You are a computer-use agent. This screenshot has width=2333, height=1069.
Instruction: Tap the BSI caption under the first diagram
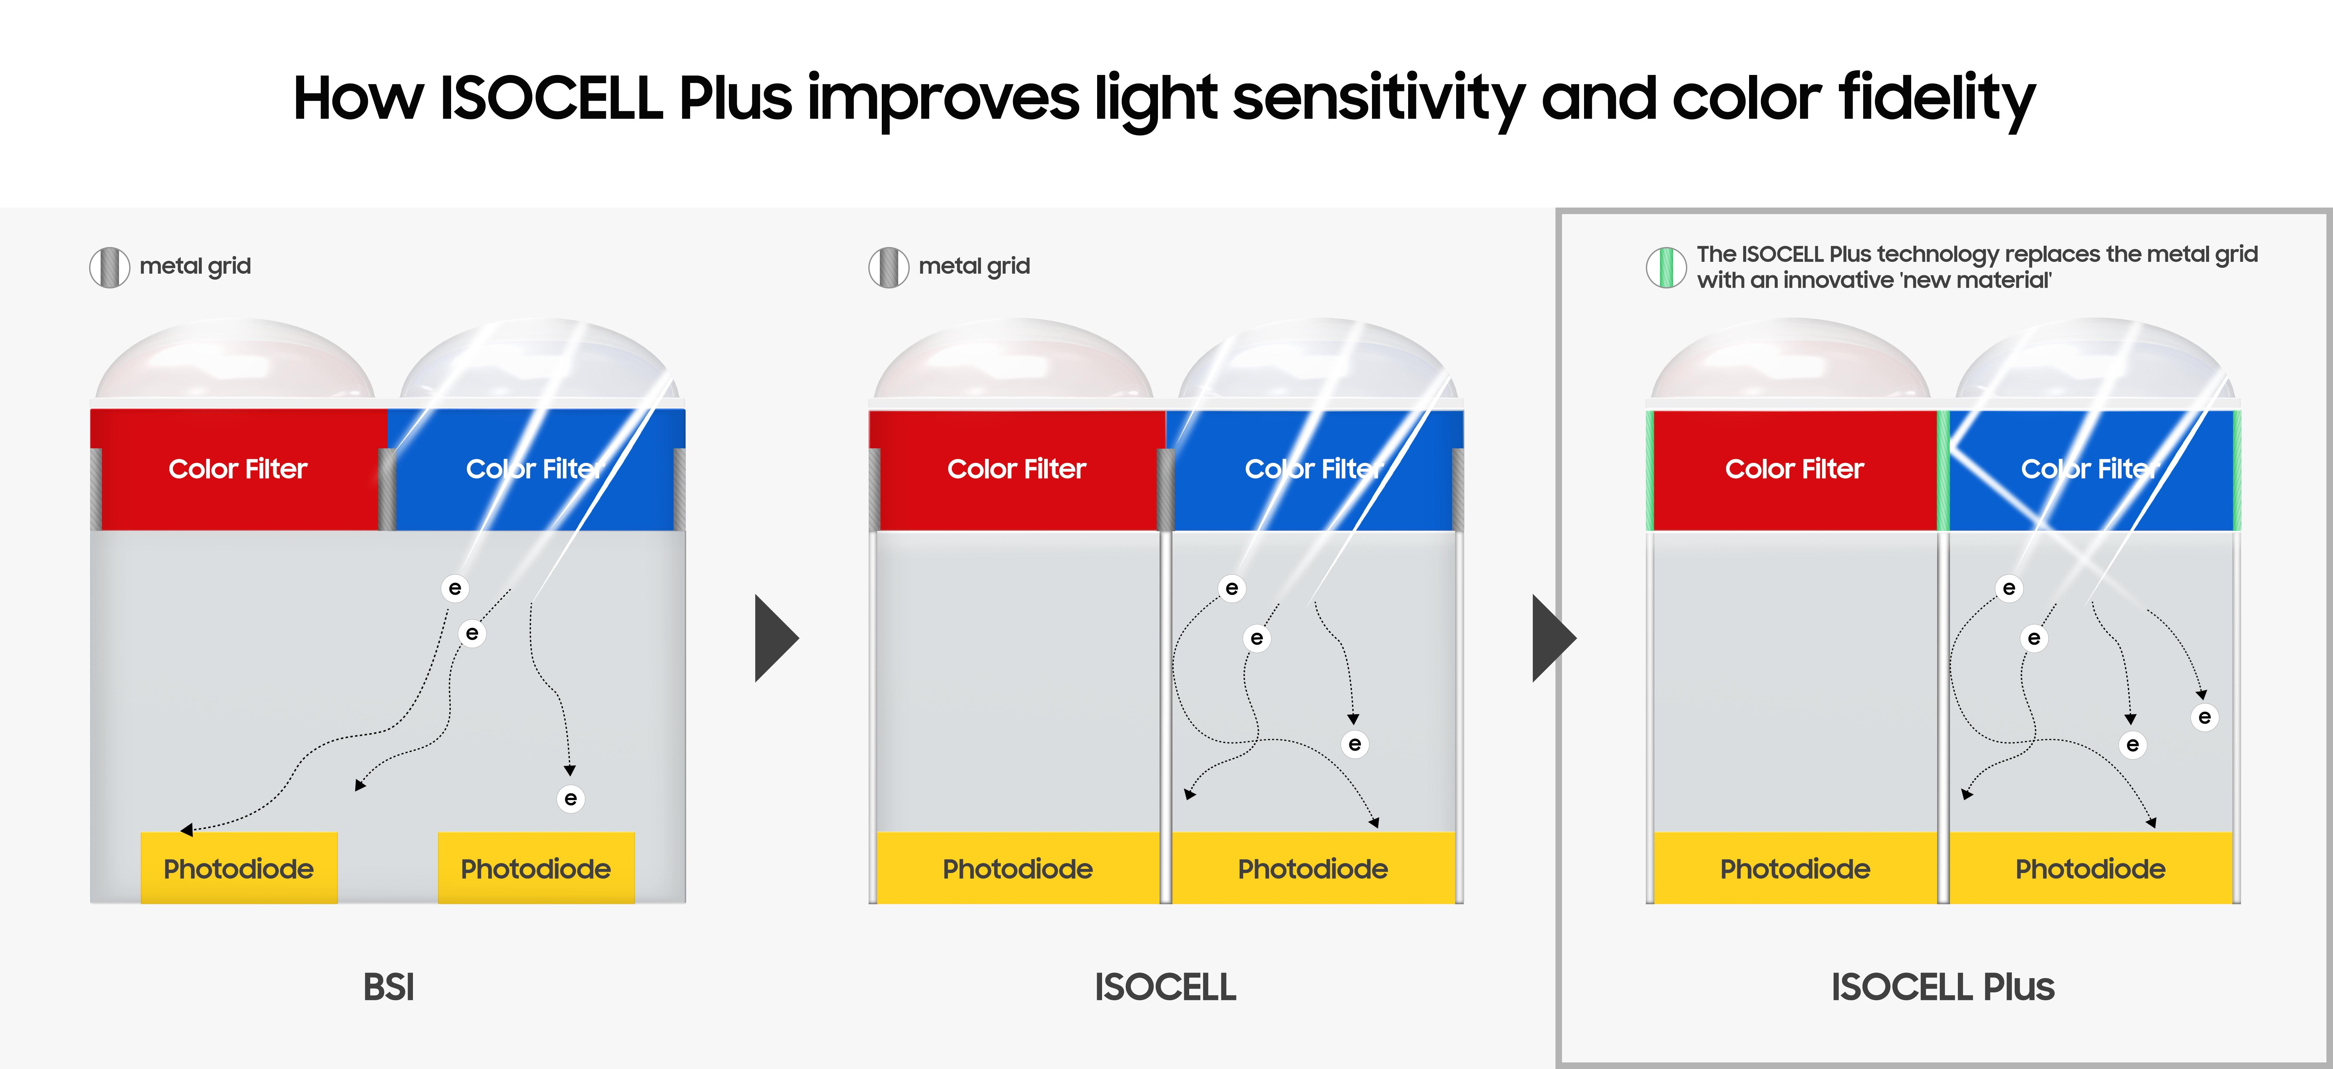(389, 986)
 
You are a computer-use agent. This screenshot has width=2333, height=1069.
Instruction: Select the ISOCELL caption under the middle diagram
(1165, 986)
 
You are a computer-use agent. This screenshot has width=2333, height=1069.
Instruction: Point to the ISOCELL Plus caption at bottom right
(1943, 986)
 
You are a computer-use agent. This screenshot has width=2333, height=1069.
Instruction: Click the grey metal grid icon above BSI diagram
(109, 267)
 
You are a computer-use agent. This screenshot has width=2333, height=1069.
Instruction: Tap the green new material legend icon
(1666, 267)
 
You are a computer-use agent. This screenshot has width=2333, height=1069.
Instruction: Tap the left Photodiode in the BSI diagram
(238, 868)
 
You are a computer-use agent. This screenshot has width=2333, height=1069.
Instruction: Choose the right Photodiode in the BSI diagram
(535, 868)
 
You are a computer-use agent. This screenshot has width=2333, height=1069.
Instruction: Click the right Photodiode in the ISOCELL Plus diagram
(2090, 868)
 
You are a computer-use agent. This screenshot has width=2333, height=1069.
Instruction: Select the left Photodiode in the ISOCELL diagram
(1017, 868)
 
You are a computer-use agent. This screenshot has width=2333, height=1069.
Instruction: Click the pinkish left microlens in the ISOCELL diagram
(1013, 362)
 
